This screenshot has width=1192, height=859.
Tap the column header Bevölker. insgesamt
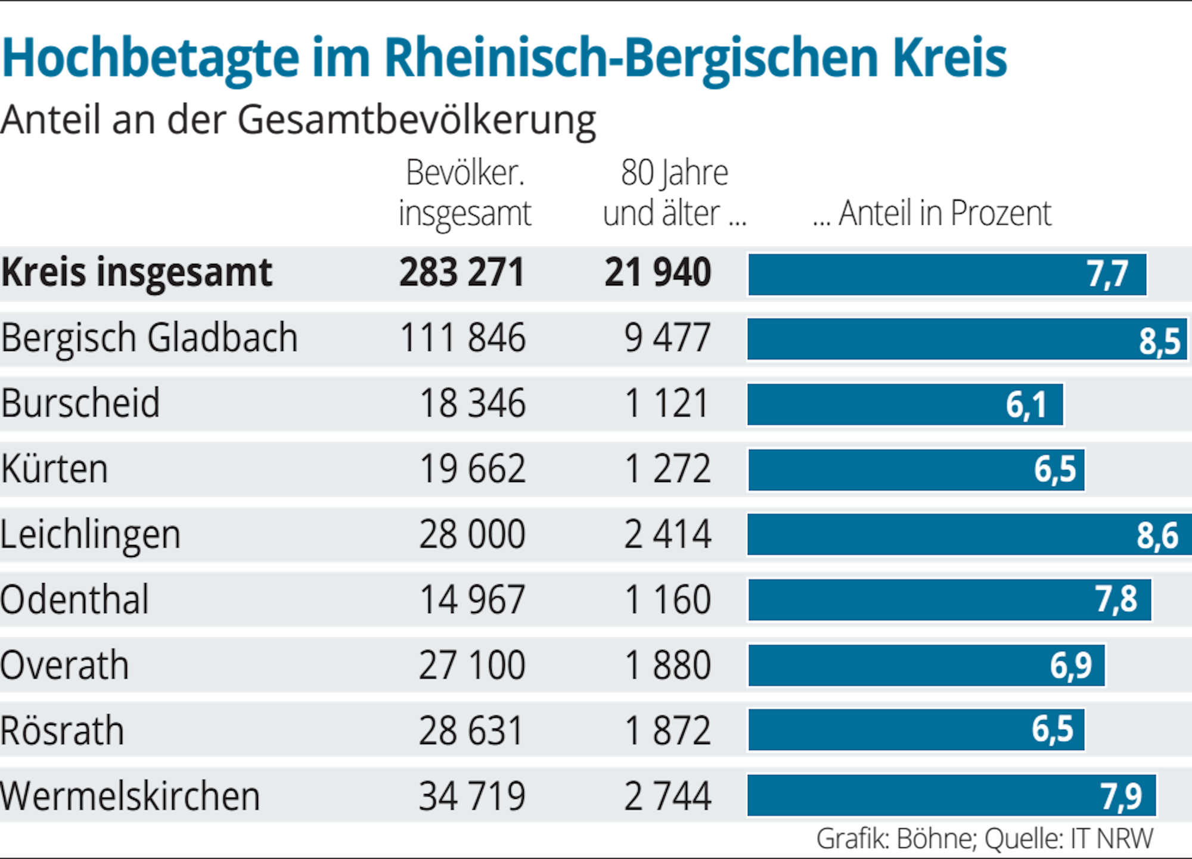click(x=465, y=192)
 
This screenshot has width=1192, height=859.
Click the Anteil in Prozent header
click(x=933, y=212)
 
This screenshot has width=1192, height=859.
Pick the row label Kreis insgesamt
click(x=136, y=273)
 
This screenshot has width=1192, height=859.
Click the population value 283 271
click(x=462, y=273)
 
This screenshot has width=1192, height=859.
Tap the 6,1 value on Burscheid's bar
click(x=1026, y=405)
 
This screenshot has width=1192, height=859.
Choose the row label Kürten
click(x=54, y=469)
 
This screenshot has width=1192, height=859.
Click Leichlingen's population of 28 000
click(x=472, y=534)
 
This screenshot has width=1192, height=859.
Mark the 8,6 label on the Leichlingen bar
click(x=1157, y=536)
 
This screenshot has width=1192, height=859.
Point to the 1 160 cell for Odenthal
click(x=668, y=600)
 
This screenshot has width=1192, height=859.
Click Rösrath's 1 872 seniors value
click(x=668, y=731)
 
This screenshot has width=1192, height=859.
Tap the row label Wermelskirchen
click(x=130, y=796)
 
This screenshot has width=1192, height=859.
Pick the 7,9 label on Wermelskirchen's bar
click(x=1120, y=796)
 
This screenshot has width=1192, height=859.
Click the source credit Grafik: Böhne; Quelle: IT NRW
click(x=985, y=839)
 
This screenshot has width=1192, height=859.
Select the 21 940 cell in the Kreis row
click(x=658, y=273)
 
